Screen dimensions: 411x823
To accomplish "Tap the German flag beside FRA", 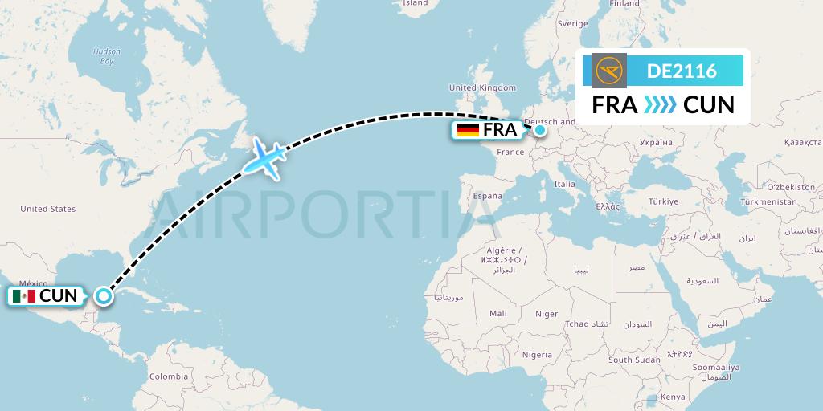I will [467, 130].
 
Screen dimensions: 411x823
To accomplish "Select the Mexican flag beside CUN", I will [24, 296].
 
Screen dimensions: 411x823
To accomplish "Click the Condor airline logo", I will [609, 71].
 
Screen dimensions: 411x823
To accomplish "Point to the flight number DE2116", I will [682, 71].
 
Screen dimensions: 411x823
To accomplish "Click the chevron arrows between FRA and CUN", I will [660, 105].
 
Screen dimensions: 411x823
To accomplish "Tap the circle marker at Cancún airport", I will [104, 296].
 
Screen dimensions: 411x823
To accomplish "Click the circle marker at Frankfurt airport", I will [540, 129].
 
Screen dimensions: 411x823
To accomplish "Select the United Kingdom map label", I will [482, 87].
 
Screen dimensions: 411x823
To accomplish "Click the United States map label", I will [48, 209].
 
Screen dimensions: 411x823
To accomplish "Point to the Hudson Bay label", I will [106, 56].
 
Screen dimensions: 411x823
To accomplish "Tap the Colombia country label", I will [169, 376].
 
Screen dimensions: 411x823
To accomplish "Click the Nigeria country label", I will [537, 355].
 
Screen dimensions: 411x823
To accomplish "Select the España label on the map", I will [487, 196].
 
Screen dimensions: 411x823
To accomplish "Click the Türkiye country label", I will [664, 201].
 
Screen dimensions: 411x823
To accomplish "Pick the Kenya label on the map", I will [673, 397].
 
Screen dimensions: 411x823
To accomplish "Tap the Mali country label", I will [498, 314].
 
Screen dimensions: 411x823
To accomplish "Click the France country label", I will [510, 152].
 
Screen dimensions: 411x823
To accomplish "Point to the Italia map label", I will [564, 184].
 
